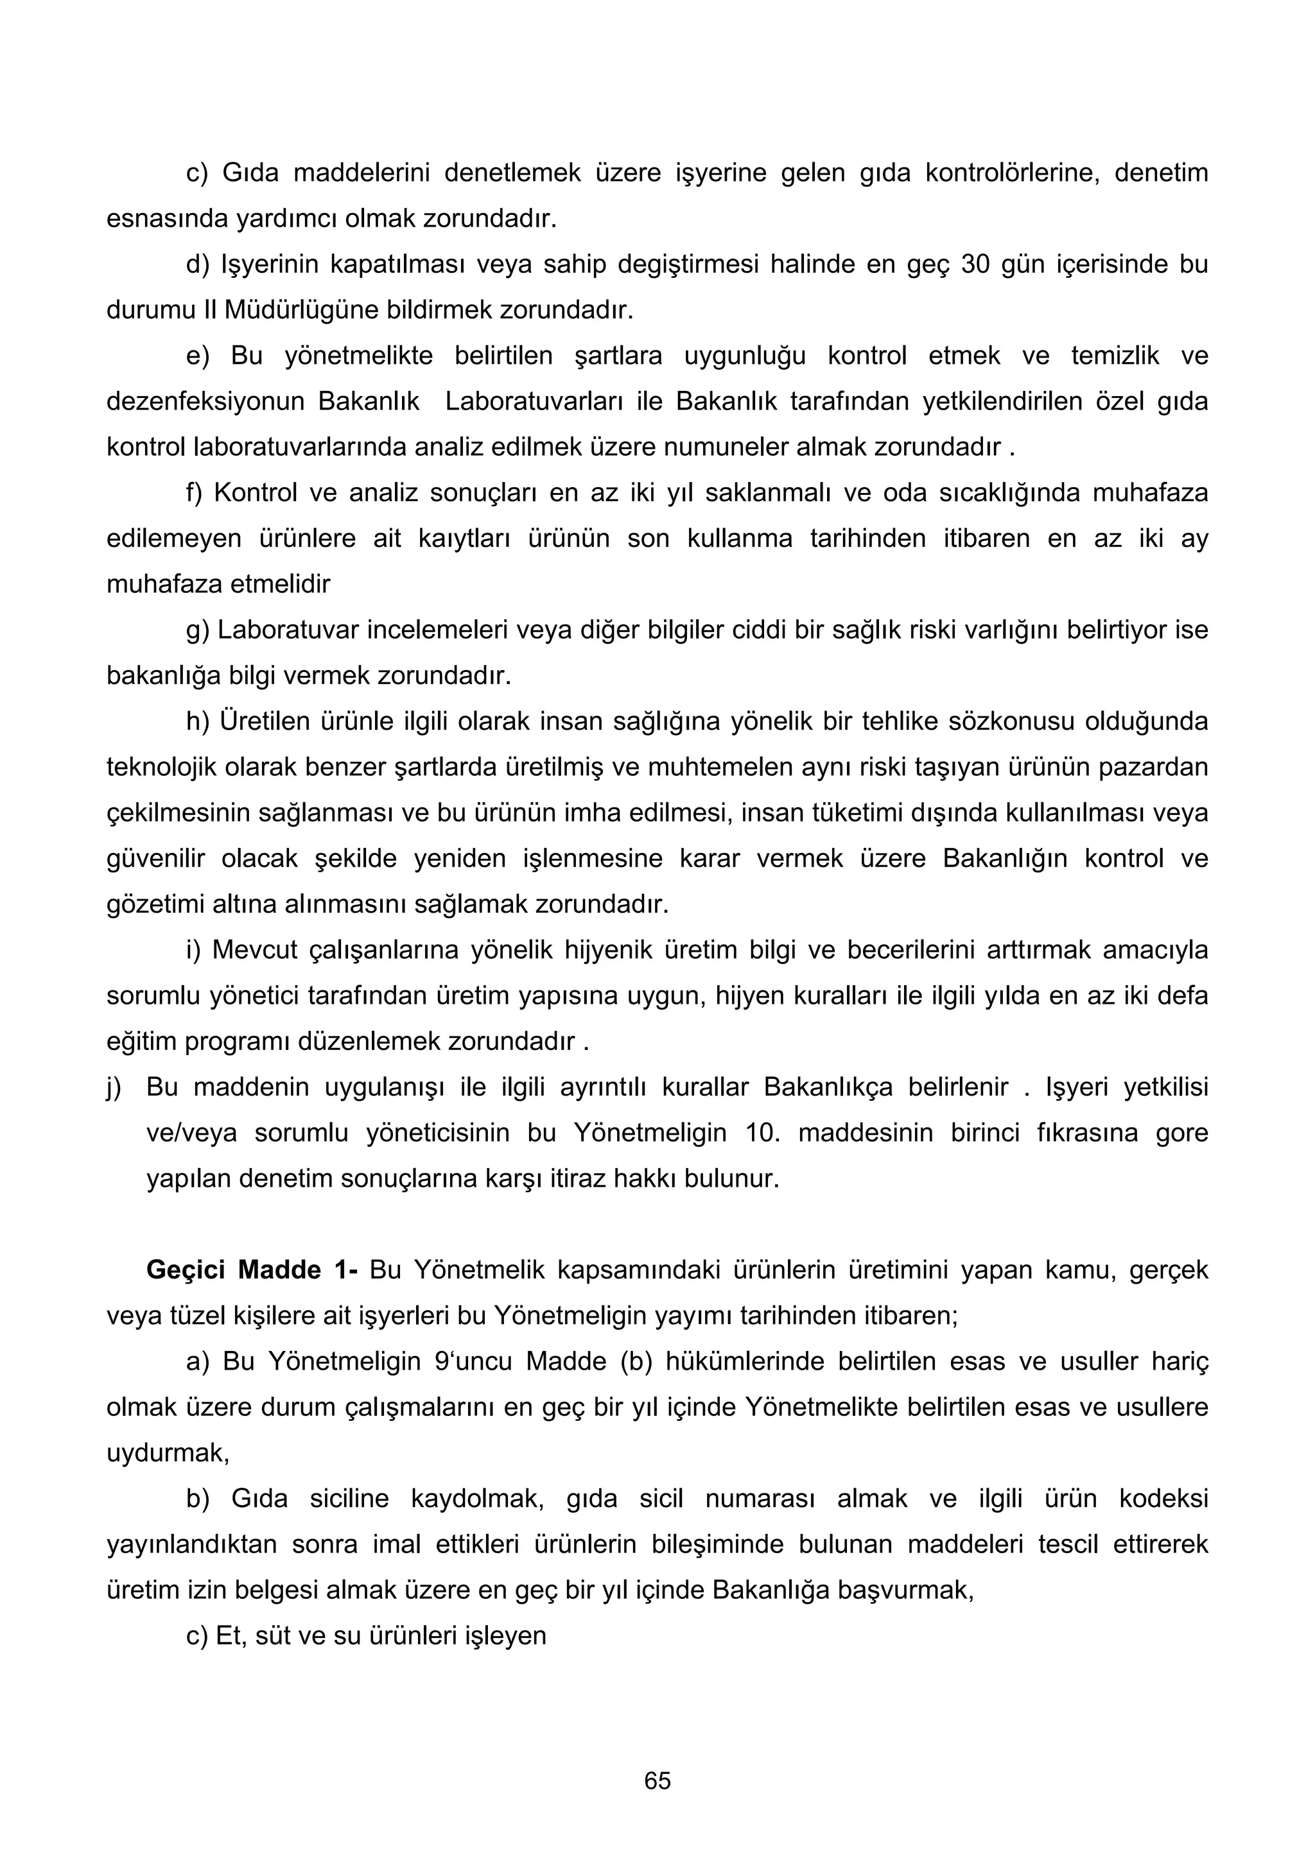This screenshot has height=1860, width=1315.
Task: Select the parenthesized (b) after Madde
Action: tap(637, 1362)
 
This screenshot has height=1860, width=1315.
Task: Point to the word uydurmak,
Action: tap(168, 1453)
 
